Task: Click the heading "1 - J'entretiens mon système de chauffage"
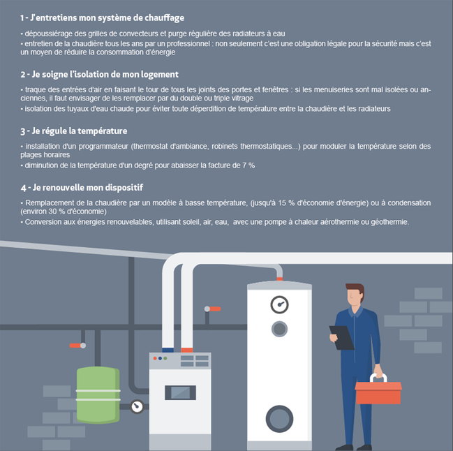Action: [x=102, y=18]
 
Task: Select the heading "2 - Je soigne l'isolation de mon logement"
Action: [x=99, y=75]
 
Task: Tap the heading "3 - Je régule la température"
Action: [x=74, y=131]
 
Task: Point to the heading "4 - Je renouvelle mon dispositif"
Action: [x=82, y=188]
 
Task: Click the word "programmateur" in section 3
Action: [x=103, y=147]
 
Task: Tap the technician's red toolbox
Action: [x=378, y=389]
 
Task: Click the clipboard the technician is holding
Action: [x=342, y=337]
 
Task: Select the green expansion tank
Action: [x=98, y=394]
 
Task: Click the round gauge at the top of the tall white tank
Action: [x=279, y=304]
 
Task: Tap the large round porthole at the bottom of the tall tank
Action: [x=279, y=419]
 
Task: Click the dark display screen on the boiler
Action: [x=180, y=392]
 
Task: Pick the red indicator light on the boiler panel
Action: [x=155, y=358]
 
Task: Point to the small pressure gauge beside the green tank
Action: [x=137, y=406]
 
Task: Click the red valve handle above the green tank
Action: [x=75, y=346]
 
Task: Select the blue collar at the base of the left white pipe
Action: [x=168, y=350]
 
